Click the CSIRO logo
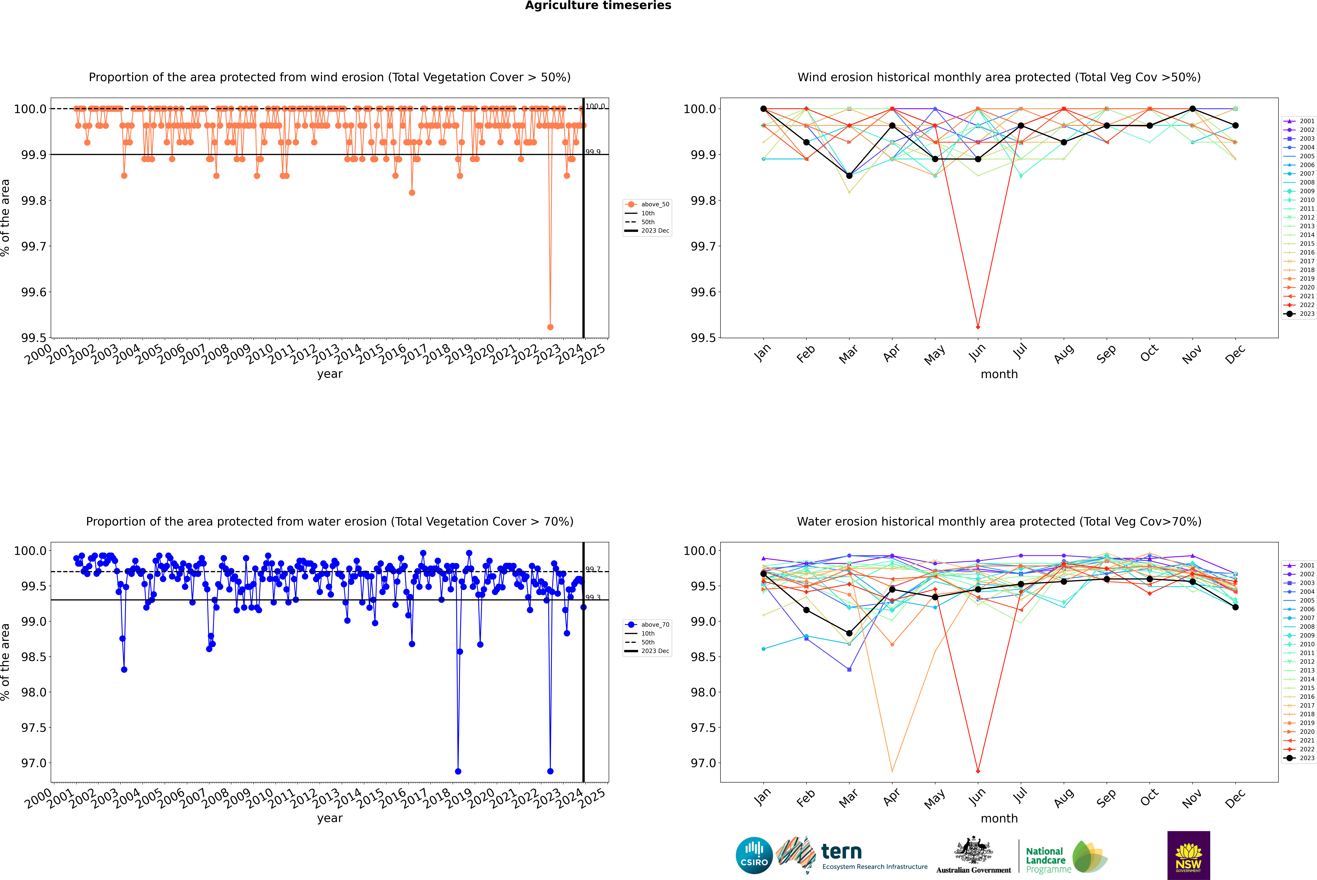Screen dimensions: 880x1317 pyautogui.click(x=754, y=855)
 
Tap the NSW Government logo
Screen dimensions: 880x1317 pyautogui.click(x=1188, y=855)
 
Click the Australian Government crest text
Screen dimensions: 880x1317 pyautogui.click(x=973, y=870)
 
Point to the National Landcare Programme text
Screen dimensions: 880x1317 pyautogui.click(x=1045, y=860)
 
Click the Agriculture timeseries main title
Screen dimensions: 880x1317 pyautogui.click(x=598, y=6)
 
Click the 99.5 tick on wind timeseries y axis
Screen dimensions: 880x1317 pyautogui.click(x=34, y=338)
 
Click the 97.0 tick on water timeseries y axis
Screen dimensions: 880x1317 pyautogui.click(x=34, y=763)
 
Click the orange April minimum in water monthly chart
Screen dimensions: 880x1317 pyautogui.click(x=892, y=771)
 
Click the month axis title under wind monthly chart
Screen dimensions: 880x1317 pyautogui.click(x=999, y=374)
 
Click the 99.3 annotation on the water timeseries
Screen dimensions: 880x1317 pyautogui.click(x=593, y=598)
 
